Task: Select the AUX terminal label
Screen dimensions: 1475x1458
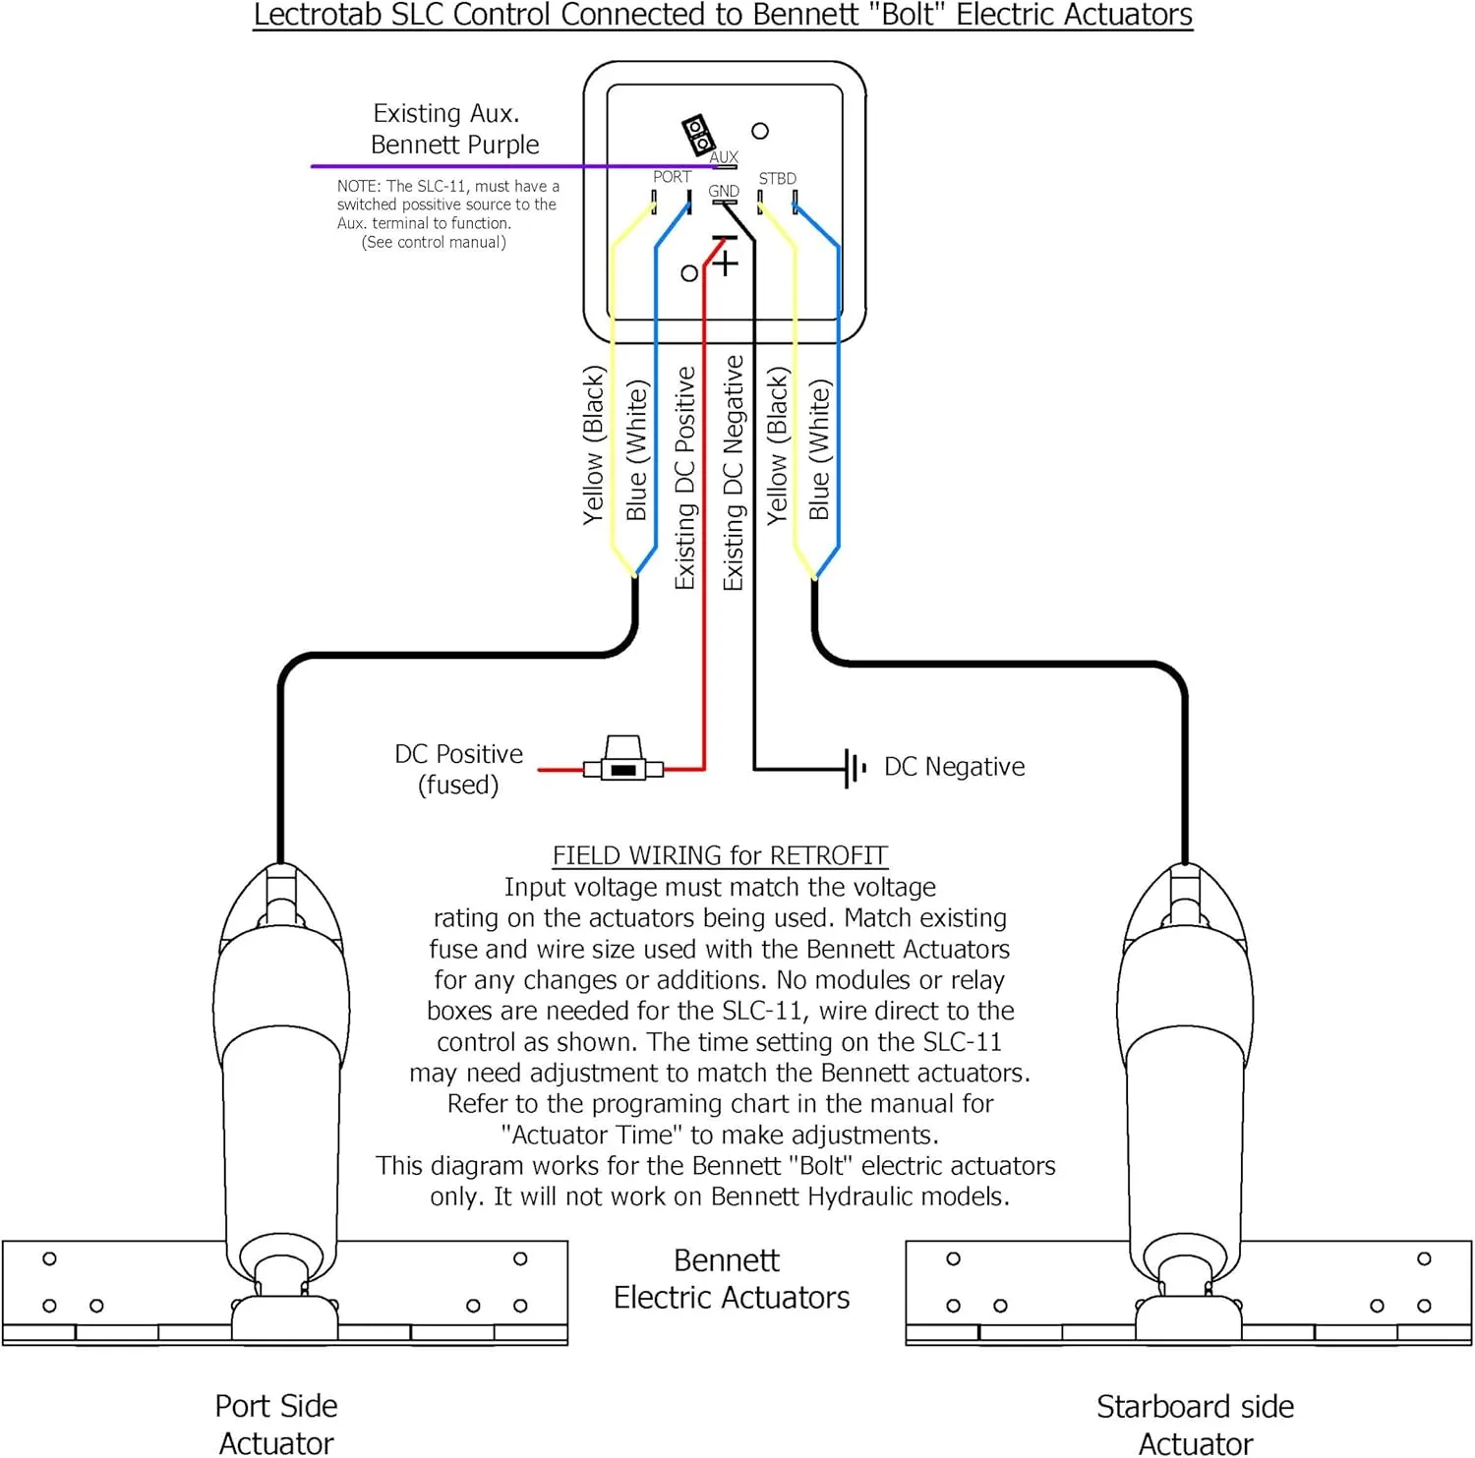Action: point(724,157)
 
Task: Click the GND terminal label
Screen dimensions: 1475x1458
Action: point(724,192)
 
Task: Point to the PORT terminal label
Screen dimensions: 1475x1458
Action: point(673,177)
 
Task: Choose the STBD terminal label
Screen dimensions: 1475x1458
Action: point(778,179)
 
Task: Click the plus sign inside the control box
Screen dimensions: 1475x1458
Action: point(726,263)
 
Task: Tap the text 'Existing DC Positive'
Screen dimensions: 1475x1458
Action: point(685,479)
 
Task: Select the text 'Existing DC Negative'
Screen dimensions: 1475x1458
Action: point(734,473)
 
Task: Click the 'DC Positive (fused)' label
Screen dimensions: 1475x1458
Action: point(458,769)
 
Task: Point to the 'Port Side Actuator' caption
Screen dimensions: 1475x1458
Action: point(276,1424)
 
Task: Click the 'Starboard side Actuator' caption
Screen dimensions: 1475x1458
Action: point(1196,1424)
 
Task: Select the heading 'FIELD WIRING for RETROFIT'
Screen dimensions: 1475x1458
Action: point(720,855)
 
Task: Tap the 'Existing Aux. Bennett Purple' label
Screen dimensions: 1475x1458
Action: point(454,129)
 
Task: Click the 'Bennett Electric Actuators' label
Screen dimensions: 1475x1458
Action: point(731,1279)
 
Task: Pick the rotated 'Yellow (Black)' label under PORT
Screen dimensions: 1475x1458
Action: point(593,444)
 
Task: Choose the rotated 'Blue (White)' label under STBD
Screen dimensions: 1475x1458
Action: point(820,449)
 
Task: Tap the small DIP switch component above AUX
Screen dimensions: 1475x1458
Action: point(698,135)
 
